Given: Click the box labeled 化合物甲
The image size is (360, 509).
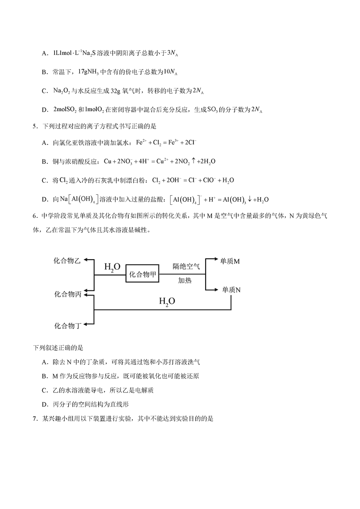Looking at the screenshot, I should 143,274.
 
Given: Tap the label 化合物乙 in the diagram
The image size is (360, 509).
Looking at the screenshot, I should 68,261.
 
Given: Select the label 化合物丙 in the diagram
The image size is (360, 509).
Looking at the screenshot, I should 68,294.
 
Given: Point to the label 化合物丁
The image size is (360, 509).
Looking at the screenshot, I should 68,325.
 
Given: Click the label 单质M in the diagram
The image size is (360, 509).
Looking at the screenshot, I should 230,261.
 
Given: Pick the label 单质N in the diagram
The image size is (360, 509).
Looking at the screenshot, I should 231,290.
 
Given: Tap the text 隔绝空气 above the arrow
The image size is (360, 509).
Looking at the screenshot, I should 186,266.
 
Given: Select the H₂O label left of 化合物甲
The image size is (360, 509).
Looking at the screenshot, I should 112,267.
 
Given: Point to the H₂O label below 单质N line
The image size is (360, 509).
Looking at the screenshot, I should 167,302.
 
